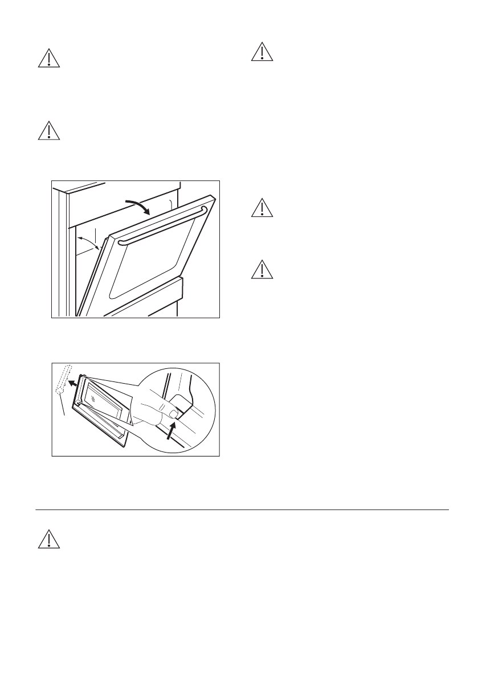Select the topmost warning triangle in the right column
[262, 52]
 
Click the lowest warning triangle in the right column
[262, 269]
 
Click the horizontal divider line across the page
[242, 509]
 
